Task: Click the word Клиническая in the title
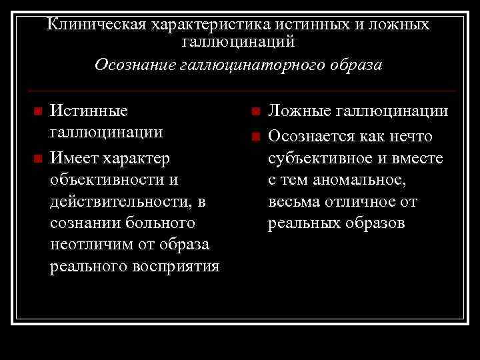(x=97, y=25)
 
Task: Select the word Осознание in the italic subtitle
(x=135, y=65)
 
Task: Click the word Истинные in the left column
(x=90, y=110)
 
